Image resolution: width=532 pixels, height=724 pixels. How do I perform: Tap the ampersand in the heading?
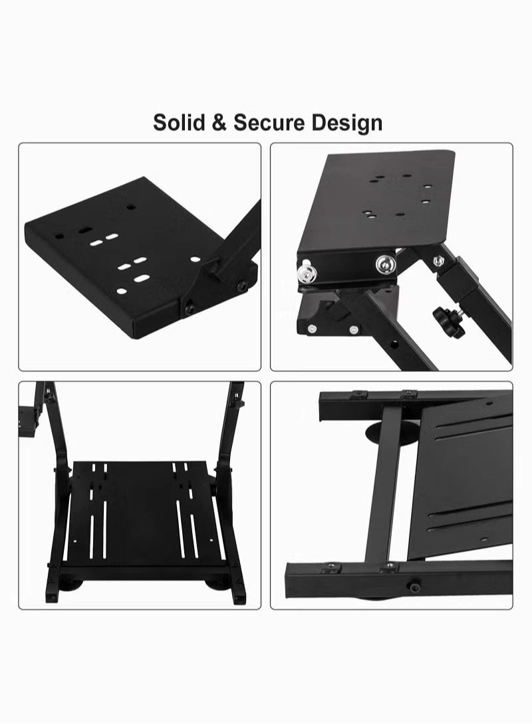point(219,124)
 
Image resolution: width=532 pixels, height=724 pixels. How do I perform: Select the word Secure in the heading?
point(269,123)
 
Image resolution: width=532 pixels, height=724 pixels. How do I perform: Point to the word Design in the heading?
point(346,124)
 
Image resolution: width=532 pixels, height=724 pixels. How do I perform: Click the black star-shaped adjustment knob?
point(445,317)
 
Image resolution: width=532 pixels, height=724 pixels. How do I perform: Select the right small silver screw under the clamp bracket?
point(354,329)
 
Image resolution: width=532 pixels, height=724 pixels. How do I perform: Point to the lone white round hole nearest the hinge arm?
point(195,259)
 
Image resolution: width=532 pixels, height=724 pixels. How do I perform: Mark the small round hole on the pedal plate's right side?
point(211,540)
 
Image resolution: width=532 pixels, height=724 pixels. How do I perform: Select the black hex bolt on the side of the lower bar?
point(412,587)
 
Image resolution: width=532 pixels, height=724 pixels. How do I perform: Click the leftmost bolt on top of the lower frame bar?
point(331,565)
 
